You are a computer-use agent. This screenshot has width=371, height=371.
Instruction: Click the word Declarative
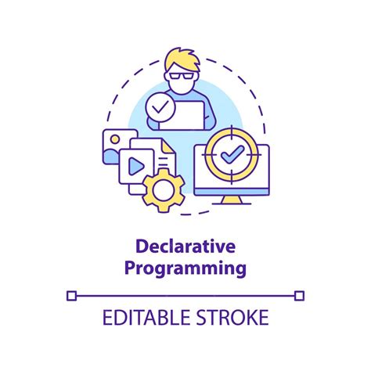[x=185, y=247]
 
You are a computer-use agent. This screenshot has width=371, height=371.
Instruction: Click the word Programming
[x=185, y=269]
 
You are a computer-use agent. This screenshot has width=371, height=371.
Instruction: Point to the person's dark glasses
[x=185, y=77]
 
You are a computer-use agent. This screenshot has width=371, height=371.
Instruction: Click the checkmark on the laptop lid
[x=161, y=108]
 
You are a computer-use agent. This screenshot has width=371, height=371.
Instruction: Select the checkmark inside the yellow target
[x=232, y=156]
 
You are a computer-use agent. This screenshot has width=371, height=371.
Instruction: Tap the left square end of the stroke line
[x=72, y=295]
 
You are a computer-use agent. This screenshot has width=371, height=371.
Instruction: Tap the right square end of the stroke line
[x=299, y=295]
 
